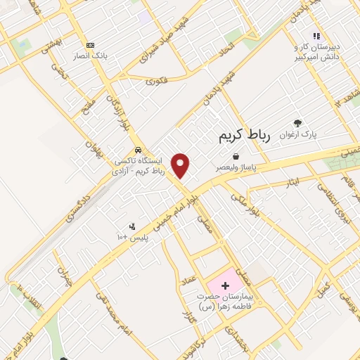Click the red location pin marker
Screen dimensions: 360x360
pos(181,165)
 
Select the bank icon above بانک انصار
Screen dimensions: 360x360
pos(89,44)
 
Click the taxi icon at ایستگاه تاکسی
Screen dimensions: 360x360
pos(140,150)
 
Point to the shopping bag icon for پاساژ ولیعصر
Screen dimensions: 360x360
pos(235,155)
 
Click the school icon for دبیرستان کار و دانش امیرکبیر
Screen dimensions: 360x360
pos(316,36)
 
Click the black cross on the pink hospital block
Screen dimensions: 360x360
pos(226,285)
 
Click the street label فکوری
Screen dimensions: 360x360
pos(157,82)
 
